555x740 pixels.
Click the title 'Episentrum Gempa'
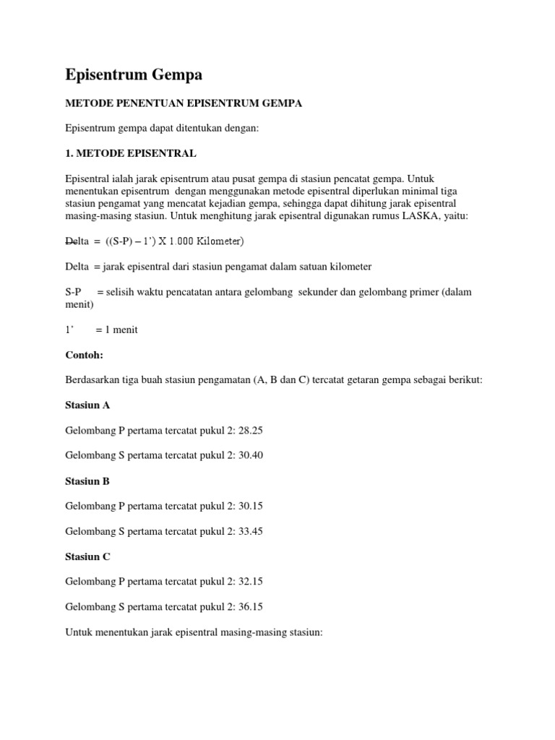click(x=134, y=74)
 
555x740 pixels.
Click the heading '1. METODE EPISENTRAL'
click(x=130, y=154)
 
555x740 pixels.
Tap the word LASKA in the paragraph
click(x=416, y=215)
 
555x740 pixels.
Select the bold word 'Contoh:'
click(x=85, y=355)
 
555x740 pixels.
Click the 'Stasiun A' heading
click(x=87, y=405)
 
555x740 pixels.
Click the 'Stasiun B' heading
click(x=87, y=481)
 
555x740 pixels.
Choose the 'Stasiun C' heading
click(x=87, y=556)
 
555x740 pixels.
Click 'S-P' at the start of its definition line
click(x=74, y=292)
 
